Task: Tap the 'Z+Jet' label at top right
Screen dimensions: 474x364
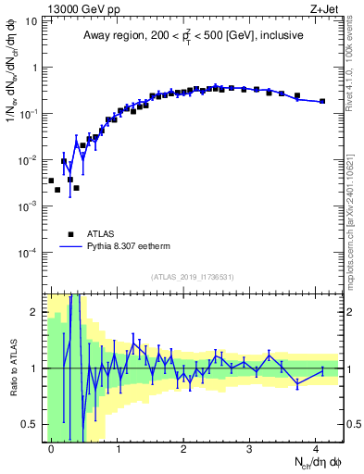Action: click(325, 10)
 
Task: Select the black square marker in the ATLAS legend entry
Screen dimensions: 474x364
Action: click(70, 234)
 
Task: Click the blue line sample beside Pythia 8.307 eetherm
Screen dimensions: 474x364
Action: click(70, 247)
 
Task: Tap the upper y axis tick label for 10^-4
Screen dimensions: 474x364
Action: click(29, 253)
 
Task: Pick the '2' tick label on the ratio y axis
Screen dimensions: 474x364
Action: click(34, 312)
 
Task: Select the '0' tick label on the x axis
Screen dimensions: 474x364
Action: click(51, 447)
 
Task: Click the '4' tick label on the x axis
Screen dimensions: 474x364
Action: click(316, 447)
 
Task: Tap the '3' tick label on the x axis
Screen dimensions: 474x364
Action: click(250, 447)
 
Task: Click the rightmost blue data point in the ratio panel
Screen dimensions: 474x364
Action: click(322, 370)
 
